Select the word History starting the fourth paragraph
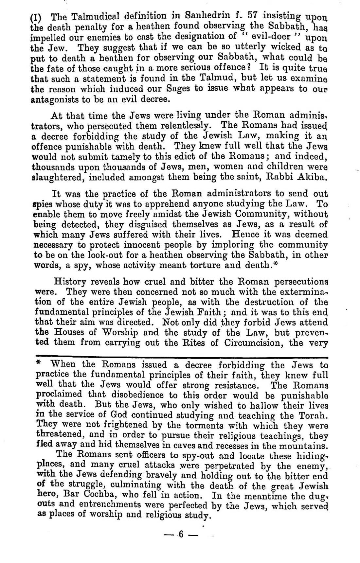70,281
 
